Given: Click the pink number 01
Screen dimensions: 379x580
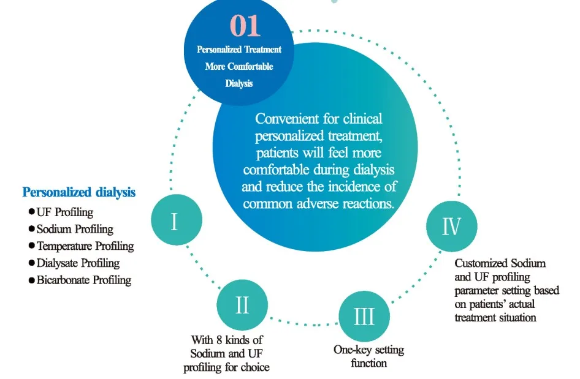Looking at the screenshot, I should coord(245,26).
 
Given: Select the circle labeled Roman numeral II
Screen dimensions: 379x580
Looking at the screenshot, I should coord(242,304).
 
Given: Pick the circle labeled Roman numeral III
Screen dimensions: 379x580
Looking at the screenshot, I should coord(364,317).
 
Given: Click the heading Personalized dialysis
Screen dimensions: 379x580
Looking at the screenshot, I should coord(79,192).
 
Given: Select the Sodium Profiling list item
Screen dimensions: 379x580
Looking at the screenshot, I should coord(75,230).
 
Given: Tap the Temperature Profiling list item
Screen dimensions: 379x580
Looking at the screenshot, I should coord(85,246).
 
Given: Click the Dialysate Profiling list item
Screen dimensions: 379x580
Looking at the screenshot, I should coord(78,263).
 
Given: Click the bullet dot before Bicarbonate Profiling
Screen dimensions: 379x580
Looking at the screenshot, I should coord(32,280).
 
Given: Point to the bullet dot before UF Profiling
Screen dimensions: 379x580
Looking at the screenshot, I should coord(32,212).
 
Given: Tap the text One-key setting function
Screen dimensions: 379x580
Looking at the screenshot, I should coord(368,356).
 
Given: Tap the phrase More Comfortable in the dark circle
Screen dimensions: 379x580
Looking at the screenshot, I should coord(239,66).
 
